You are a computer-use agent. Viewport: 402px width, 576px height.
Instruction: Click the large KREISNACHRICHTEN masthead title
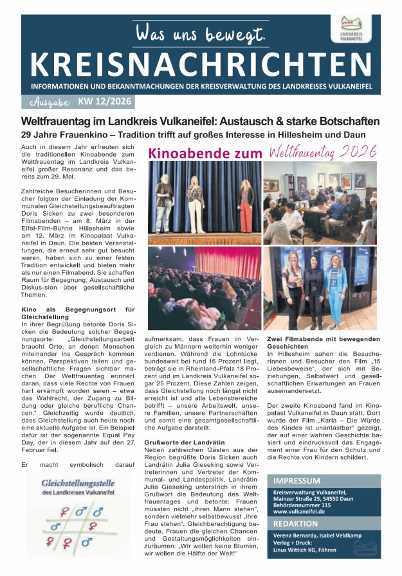click(x=196, y=62)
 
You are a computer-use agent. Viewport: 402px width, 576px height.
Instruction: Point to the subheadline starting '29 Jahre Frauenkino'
click(x=193, y=135)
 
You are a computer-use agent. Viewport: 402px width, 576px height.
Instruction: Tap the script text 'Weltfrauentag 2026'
click(x=322, y=153)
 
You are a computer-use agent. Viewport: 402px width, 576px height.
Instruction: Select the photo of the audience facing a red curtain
click(x=205, y=287)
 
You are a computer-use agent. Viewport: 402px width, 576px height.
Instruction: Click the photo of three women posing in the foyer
click(x=321, y=287)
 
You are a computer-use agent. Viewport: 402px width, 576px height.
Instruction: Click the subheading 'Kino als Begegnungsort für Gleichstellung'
click(x=77, y=313)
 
